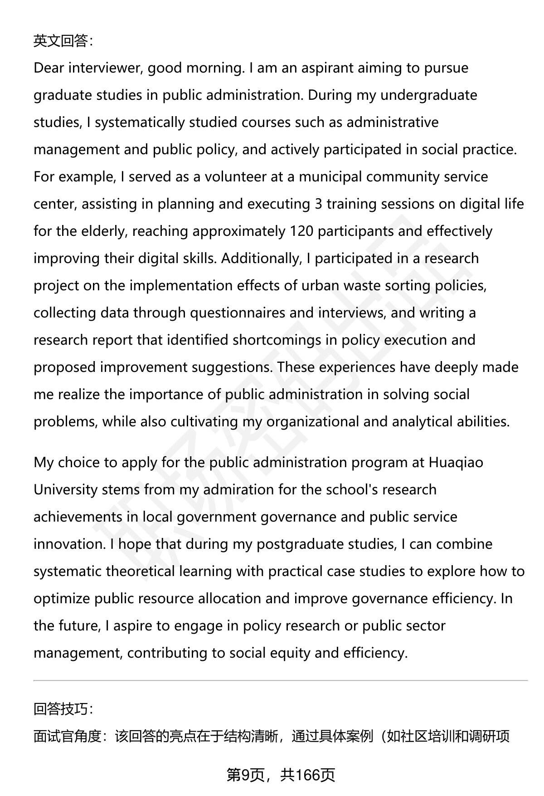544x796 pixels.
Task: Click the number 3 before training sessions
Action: [318, 204]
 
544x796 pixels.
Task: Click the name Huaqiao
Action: [456, 463]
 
